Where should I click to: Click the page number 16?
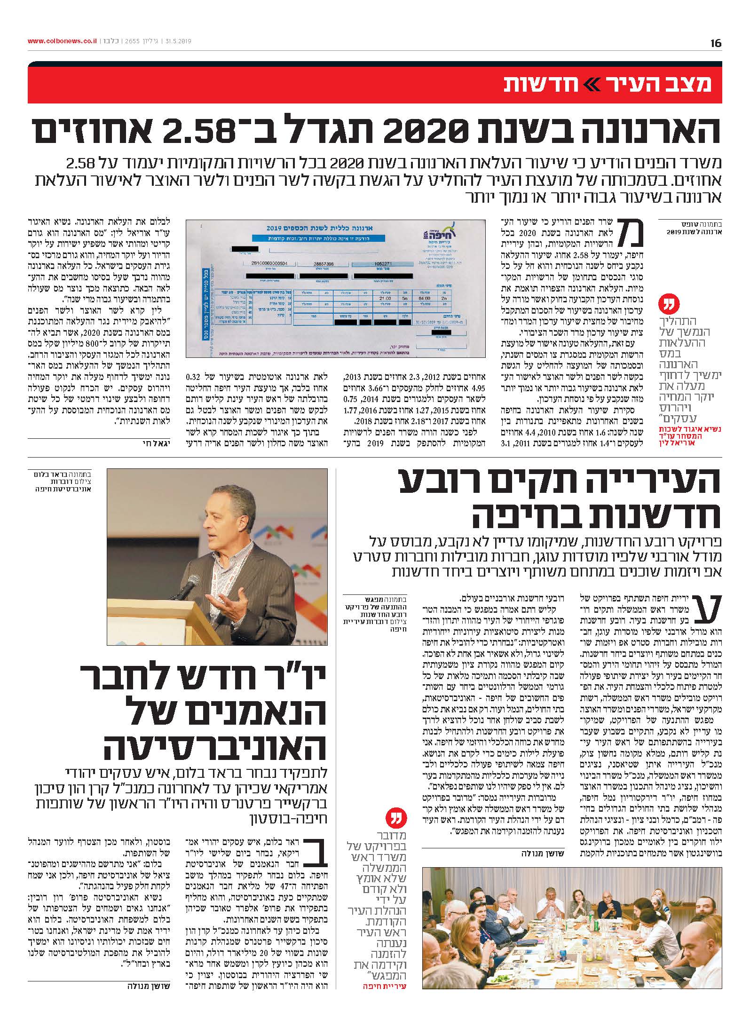(x=716, y=43)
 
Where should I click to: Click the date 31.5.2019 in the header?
(x=177, y=41)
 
